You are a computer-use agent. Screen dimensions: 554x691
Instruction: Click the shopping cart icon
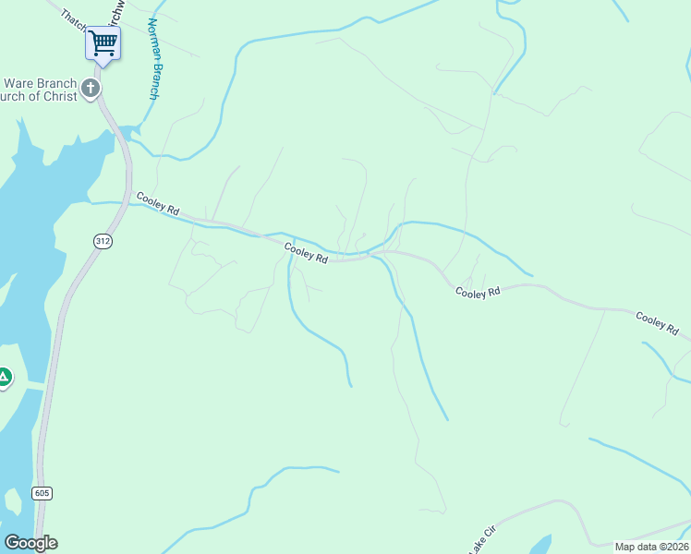[x=103, y=42]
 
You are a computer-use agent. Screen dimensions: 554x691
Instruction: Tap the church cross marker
[x=90, y=89]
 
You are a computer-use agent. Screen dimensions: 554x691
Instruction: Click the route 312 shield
[x=102, y=240]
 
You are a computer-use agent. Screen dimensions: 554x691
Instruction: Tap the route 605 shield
[x=42, y=493]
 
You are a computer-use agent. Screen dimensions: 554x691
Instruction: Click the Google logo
[x=30, y=543]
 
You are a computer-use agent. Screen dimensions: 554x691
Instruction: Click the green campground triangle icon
[x=5, y=377]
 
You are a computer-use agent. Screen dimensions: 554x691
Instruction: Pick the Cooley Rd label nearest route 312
[x=157, y=202]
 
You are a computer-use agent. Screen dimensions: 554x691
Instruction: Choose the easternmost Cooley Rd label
[x=657, y=323]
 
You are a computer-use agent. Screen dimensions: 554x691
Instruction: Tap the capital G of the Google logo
[x=12, y=543]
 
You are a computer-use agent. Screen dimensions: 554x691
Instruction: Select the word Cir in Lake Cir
[x=491, y=532]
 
